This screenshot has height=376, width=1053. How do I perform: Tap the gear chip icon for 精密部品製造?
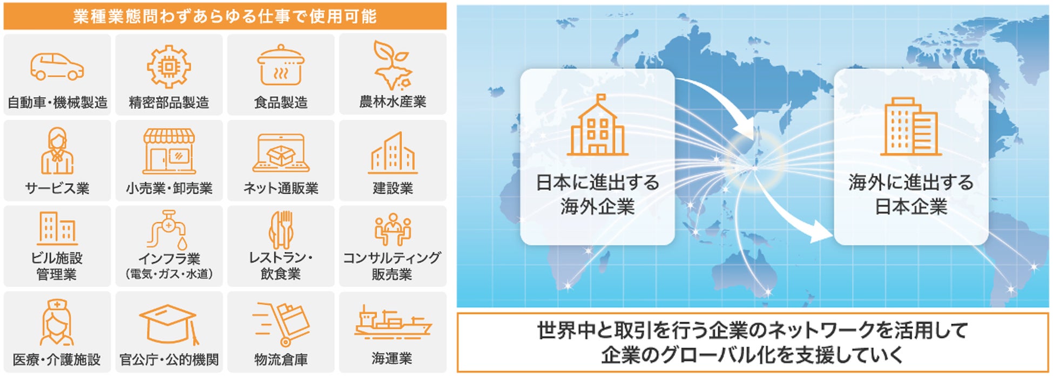tap(169, 66)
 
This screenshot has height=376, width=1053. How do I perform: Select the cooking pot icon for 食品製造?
tap(280, 66)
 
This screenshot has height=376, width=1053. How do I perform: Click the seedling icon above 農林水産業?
tap(391, 65)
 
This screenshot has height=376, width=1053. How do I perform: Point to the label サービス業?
tap(57, 188)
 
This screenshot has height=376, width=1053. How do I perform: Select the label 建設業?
tap(393, 188)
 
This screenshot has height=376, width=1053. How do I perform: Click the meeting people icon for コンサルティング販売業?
tap(393, 229)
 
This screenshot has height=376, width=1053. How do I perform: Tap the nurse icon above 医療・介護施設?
tap(57, 323)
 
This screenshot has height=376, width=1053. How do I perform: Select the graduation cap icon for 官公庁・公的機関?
tap(169, 324)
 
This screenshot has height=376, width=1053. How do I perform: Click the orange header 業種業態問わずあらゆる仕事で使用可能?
tap(225, 16)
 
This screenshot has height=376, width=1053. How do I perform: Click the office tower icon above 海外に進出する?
tap(911, 127)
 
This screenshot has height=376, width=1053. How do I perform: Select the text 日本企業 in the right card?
tap(911, 207)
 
